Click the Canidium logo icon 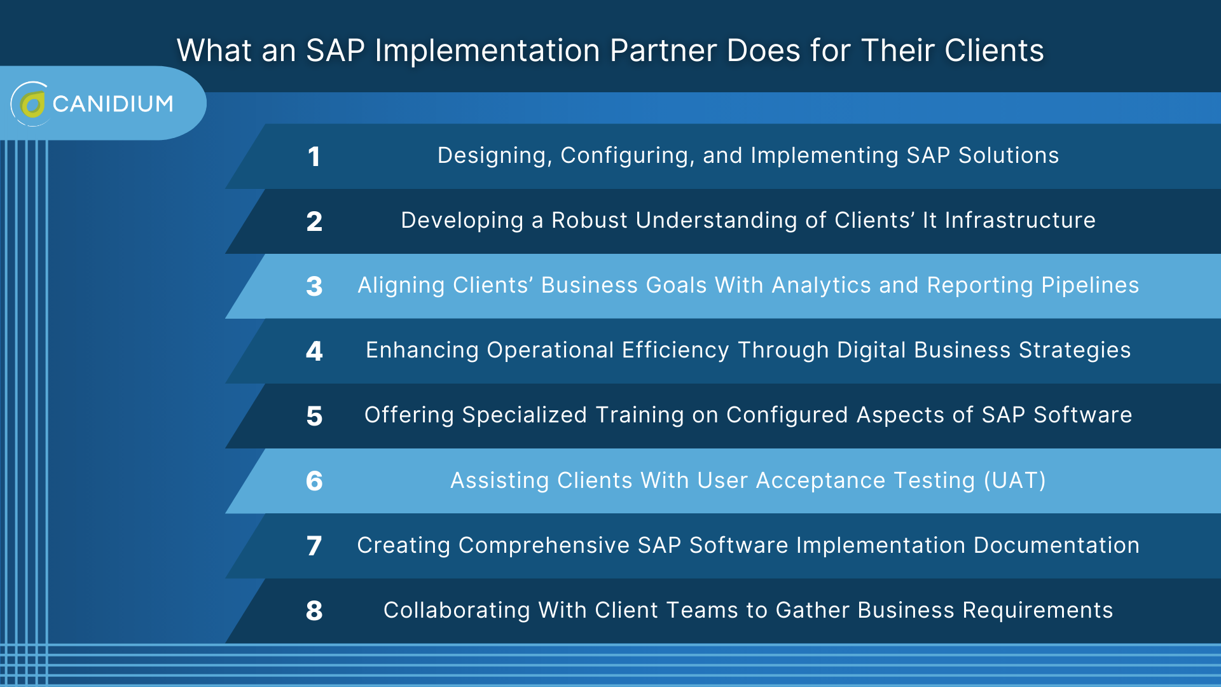pyautogui.click(x=31, y=104)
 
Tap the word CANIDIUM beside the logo pyautogui.click(x=113, y=104)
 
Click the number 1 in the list pyautogui.click(x=314, y=156)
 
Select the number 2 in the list pyautogui.click(x=314, y=221)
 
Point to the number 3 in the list pyautogui.click(x=314, y=286)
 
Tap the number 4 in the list pyautogui.click(x=314, y=351)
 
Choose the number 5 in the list pyautogui.click(x=314, y=416)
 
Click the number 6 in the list pyautogui.click(x=314, y=481)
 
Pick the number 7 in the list pyautogui.click(x=314, y=546)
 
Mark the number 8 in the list pyautogui.click(x=314, y=611)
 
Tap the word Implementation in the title pyautogui.click(x=487, y=50)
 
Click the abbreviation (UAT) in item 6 pyautogui.click(x=1014, y=480)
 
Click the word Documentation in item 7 pyautogui.click(x=1056, y=545)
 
